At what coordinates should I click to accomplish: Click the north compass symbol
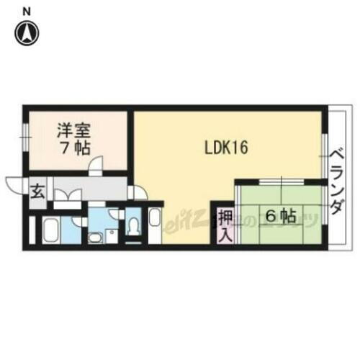click(27, 32)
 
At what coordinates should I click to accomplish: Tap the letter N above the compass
click(27, 11)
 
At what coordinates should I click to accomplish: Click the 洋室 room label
click(73, 132)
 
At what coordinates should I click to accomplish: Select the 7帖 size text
click(73, 150)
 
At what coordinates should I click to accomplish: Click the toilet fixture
click(132, 225)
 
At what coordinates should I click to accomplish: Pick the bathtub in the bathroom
click(50, 230)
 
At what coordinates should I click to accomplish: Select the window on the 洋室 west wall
click(24, 133)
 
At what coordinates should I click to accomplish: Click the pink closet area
click(225, 225)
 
